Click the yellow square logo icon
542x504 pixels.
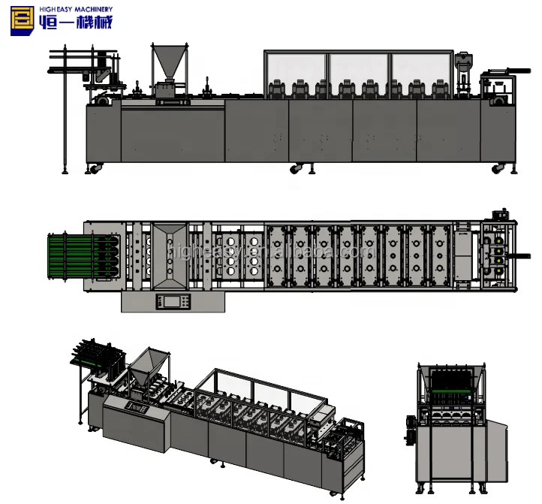click(x=24, y=21)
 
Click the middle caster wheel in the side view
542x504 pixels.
click(x=296, y=167)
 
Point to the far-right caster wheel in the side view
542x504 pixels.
click(x=497, y=168)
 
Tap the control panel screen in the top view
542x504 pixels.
click(x=172, y=302)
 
